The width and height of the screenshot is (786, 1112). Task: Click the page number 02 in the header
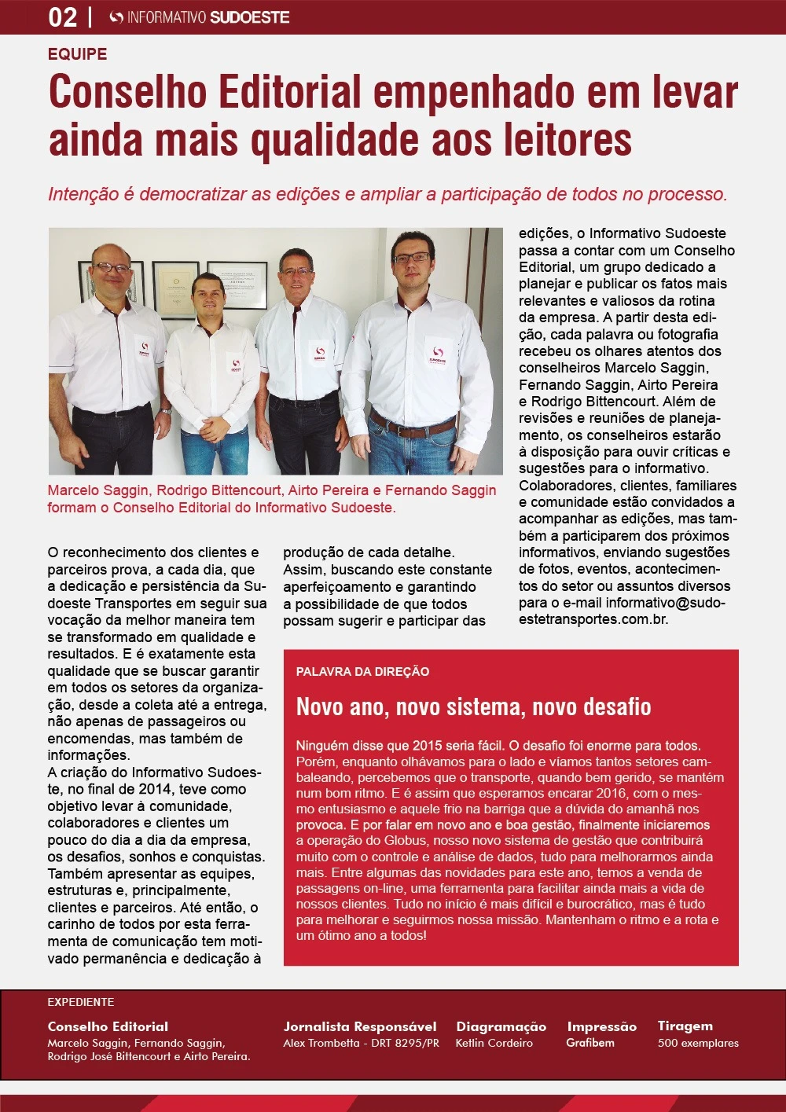pos(63,17)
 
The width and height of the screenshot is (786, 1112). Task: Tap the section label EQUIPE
pos(77,54)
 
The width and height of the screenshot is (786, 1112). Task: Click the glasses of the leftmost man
pos(111,269)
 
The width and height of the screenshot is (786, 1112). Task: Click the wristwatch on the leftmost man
pos(164,410)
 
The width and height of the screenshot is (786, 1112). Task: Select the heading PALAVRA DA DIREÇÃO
pos(362,672)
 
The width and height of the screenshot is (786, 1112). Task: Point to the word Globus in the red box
pos(406,841)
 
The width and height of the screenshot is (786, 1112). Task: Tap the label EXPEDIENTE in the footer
pos(81,1002)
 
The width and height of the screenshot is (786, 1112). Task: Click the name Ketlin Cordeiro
pos(494,1043)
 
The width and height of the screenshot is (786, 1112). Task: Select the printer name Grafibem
pos(590,1043)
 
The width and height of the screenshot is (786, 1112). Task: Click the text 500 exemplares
pos(698,1043)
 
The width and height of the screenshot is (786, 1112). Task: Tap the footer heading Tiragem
pos(685,1026)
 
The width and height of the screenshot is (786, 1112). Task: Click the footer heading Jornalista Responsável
pos(360,1026)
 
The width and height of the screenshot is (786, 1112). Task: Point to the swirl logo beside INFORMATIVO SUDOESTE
pos(116,17)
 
